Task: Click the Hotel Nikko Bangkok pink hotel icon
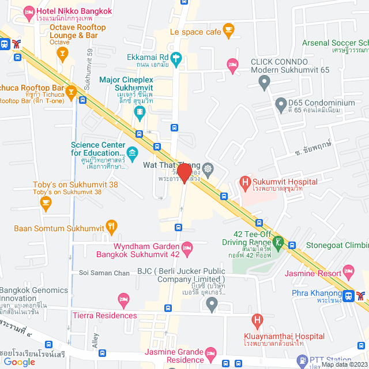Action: pos(27,11)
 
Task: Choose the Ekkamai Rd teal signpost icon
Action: pos(176,58)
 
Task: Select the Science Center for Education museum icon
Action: pos(133,152)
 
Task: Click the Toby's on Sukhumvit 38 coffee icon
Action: pos(46,202)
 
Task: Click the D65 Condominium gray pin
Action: pos(281,106)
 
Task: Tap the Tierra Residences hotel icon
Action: pos(123,299)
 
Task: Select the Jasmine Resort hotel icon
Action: pos(348,270)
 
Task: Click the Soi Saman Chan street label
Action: pos(104,272)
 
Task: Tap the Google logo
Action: pos(19,362)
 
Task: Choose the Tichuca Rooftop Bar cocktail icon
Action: pos(70,91)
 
